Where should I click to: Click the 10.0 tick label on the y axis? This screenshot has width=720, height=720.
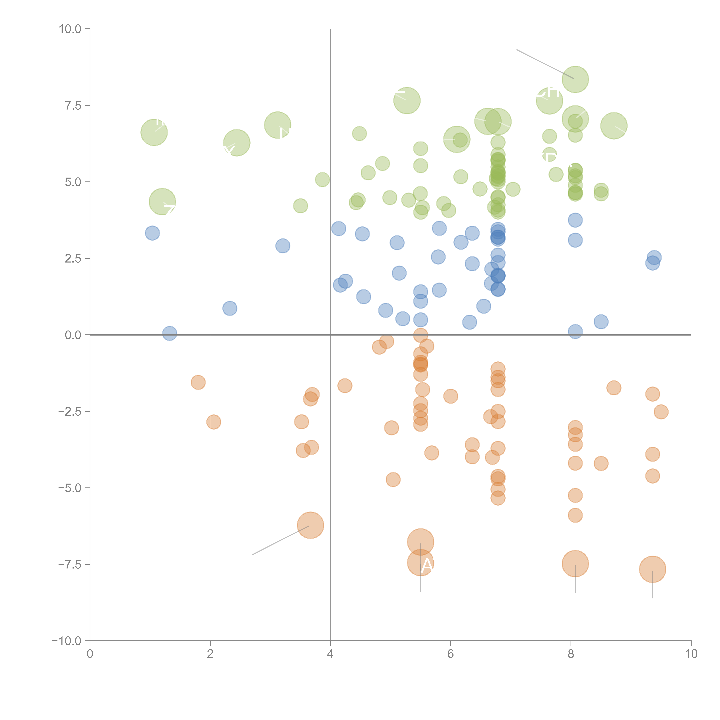(x=70, y=29)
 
